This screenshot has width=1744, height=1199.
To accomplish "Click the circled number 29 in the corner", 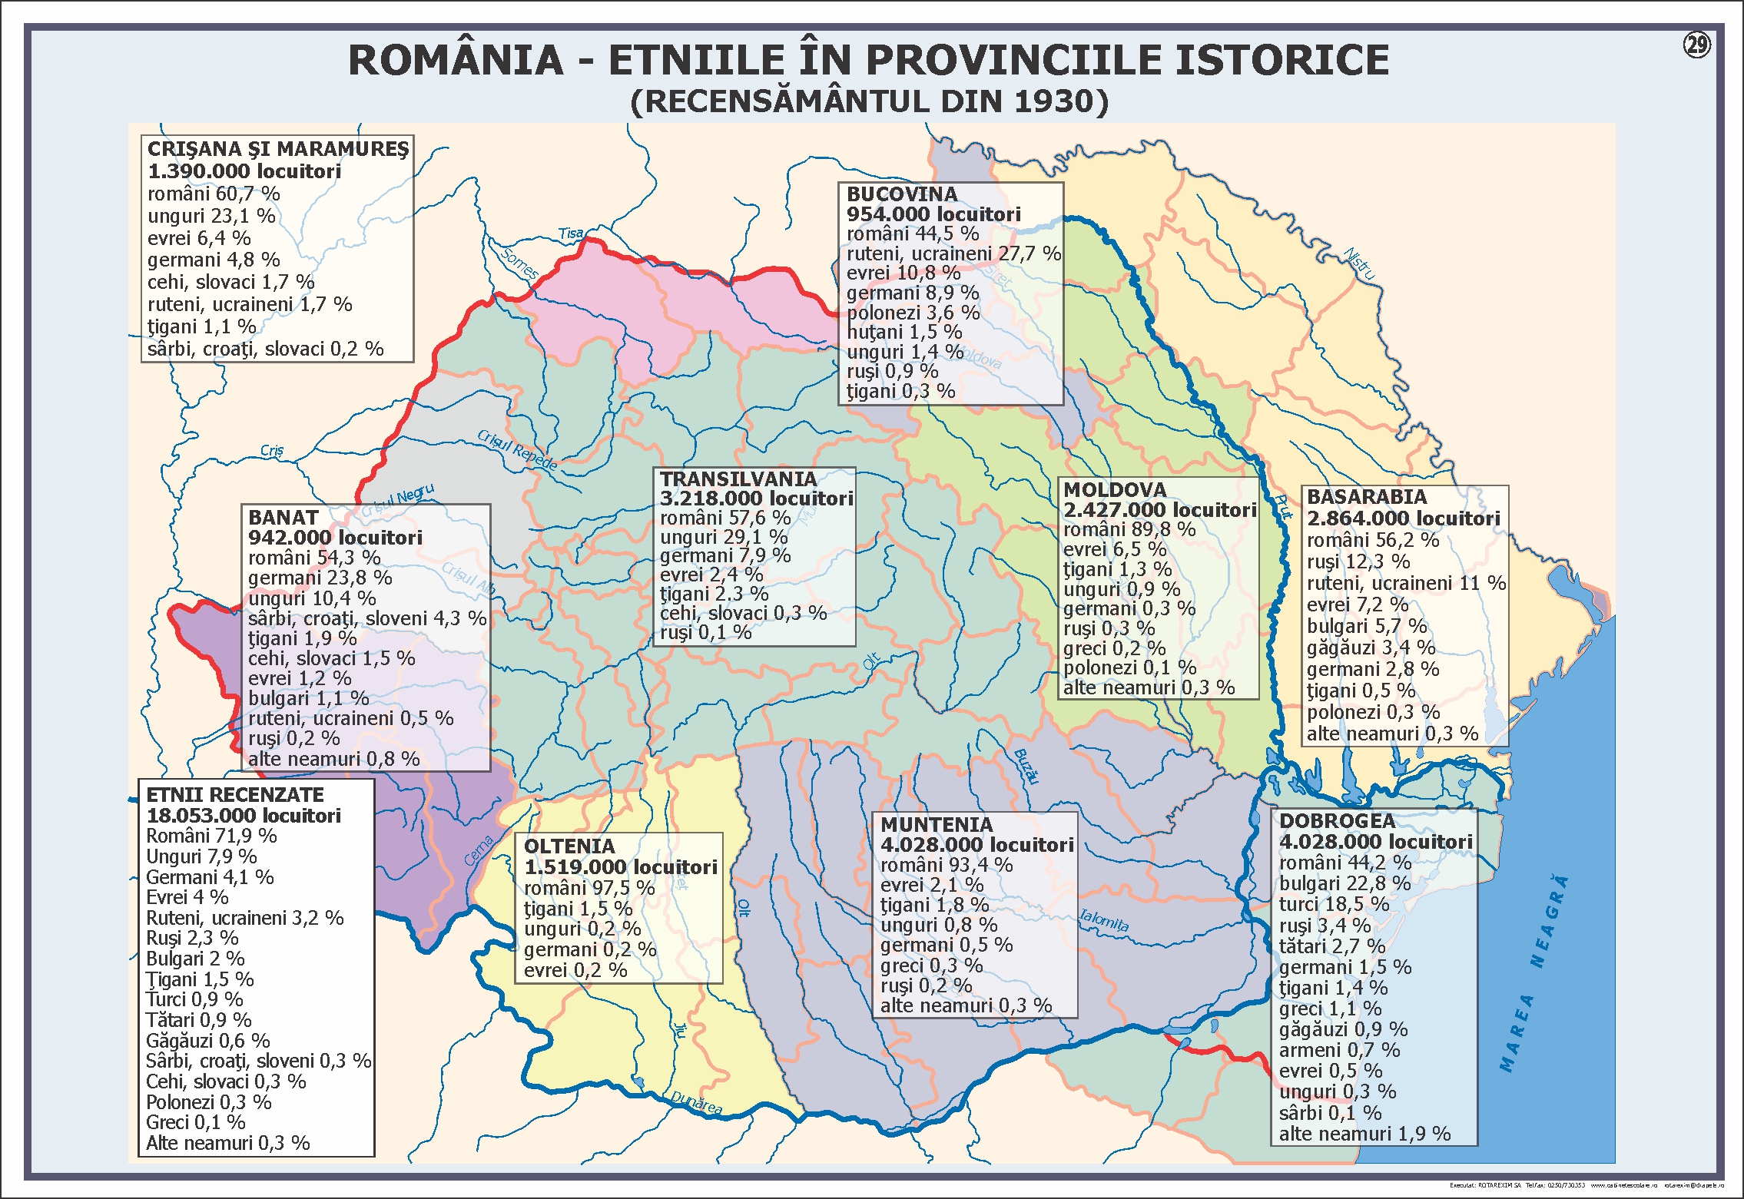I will click(x=1696, y=45).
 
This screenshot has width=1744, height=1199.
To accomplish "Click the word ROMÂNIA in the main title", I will click(x=456, y=61).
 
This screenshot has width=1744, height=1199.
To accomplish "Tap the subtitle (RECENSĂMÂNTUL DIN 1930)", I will click(x=869, y=102).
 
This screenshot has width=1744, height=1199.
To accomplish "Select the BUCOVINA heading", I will click(x=901, y=194).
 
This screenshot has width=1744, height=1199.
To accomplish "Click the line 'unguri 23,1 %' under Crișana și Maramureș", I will click(x=211, y=216).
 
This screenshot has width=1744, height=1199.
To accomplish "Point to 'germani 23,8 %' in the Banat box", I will click(x=320, y=578).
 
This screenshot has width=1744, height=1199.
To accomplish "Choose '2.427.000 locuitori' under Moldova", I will click(x=1159, y=510).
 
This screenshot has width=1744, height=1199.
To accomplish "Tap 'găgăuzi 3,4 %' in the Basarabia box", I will click(x=1371, y=648).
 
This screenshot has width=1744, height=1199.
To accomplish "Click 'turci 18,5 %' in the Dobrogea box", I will click(x=1334, y=904).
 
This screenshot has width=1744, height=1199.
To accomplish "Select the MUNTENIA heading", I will click(x=936, y=825).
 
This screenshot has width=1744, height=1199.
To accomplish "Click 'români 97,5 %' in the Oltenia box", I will click(x=589, y=888).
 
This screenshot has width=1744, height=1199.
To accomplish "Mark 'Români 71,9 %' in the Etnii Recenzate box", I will click(x=211, y=836).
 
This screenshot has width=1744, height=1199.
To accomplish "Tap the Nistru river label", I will click(x=1360, y=263).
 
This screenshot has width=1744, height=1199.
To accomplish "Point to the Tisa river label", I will click(x=571, y=234).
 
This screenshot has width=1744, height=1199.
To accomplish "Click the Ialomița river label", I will click(x=1104, y=920).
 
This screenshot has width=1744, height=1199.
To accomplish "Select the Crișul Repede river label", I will click(x=517, y=449).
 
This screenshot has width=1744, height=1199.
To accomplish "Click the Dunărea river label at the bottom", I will click(x=696, y=1101).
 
